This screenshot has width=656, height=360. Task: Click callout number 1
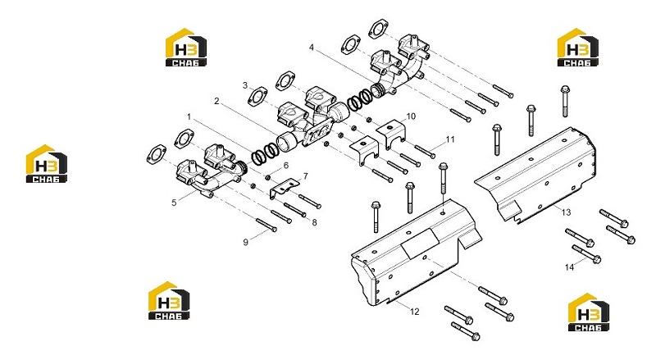(189, 116)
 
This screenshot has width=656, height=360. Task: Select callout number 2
(216, 101)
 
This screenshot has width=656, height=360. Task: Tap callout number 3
(245, 85)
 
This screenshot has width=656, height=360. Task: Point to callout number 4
(312, 48)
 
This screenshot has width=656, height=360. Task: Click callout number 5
(174, 203)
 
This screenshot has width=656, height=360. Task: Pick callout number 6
(286, 166)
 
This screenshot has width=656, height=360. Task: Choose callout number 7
(305, 176)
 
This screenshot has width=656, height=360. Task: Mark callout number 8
(315, 223)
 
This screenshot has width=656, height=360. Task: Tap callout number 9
(245, 242)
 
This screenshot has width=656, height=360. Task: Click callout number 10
(411, 116)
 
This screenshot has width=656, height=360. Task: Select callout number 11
(449, 139)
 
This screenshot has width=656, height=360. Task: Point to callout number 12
(414, 312)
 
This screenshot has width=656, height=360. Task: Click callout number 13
(566, 212)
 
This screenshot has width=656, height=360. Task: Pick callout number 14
(569, 267)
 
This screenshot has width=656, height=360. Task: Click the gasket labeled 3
(257, 97)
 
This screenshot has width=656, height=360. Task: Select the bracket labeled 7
(284, 189)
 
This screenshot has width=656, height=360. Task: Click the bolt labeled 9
(266, 226)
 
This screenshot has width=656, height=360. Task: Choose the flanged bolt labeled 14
(586, 254)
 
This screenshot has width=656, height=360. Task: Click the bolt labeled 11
(425, 152)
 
